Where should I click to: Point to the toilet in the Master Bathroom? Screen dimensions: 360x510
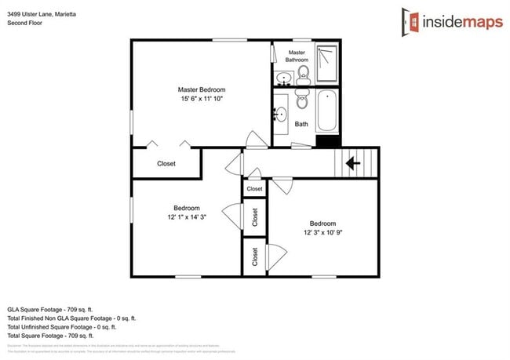[304, 75]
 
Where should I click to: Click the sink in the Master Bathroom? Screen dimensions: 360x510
[283, 78]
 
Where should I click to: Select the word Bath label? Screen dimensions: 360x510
[301, 124]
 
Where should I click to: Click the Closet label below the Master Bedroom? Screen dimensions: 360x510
[166, 164]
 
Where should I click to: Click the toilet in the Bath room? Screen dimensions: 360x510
[301, 100]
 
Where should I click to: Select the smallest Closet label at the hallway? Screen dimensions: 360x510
[254, 189]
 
